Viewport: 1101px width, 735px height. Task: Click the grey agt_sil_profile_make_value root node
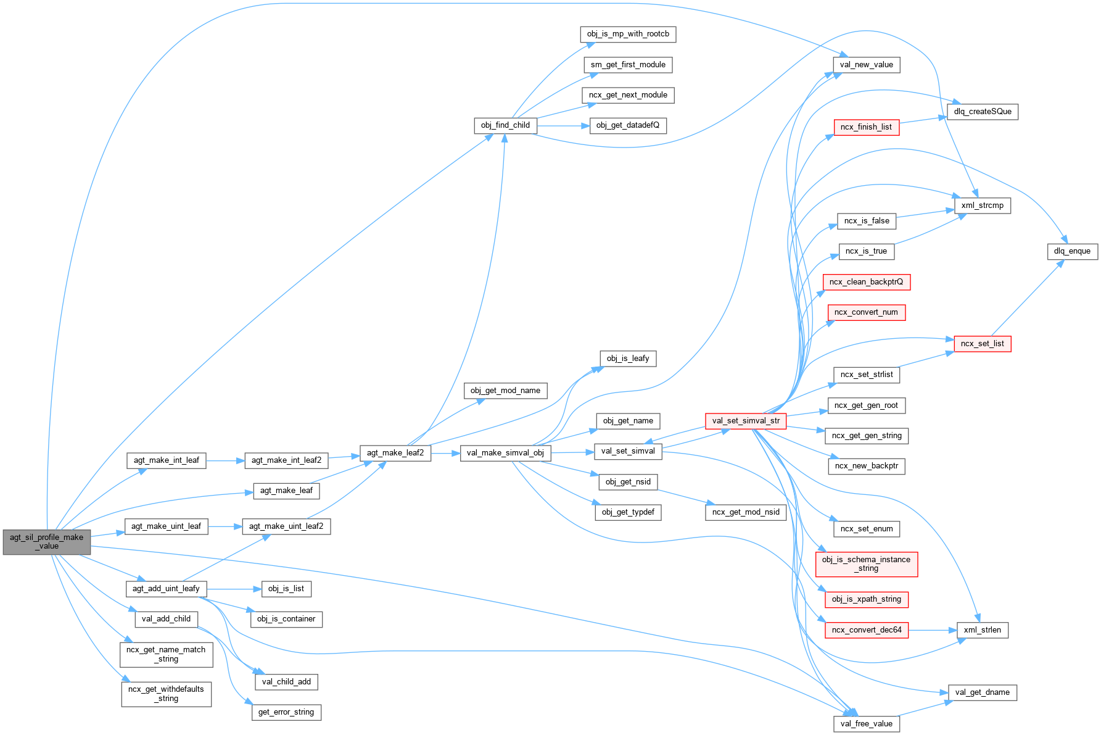click(46, 542)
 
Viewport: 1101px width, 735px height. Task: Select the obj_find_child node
click(505, 125)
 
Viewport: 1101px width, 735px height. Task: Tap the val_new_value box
click(866, 65)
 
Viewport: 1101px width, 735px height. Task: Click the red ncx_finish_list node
click(866, 127)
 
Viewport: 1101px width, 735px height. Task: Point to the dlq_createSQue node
click(983, 112)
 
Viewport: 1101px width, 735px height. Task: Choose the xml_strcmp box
click(983, 206)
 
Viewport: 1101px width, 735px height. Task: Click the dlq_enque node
click(1072, 251)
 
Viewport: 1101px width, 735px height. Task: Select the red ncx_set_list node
click(982, 344)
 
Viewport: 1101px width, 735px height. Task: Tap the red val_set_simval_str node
click(745, 421)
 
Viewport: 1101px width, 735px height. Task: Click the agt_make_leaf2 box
click(395, 453)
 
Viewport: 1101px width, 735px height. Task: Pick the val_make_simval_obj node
click(505, 453)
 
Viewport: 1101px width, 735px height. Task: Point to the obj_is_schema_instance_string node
click(866, 564)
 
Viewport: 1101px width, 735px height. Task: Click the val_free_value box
click(866, 724)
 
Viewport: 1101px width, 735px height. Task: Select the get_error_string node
click(286, 712)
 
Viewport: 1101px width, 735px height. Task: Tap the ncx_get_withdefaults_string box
click(166, 694)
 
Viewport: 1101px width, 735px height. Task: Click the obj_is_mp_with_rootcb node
click(628, 34)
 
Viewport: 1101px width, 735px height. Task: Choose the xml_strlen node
click(982, 630)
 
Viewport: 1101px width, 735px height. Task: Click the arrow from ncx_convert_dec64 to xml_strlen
click(932, 630)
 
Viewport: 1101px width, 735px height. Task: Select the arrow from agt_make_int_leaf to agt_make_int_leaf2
click(225, 460)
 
